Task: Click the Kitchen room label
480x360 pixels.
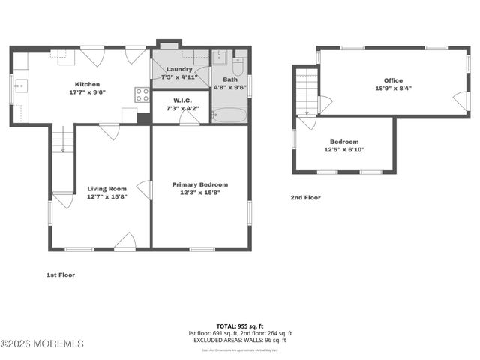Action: tap(88, 84)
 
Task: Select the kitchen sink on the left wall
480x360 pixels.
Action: tap(19, 86)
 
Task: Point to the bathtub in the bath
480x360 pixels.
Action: tap(229, 115)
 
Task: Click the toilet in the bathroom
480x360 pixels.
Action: tap(238, 65)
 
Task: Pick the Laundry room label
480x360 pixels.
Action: tap(179, 69)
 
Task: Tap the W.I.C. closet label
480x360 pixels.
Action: tap(181, 100)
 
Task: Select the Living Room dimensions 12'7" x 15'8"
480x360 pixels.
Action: tap(106, 196)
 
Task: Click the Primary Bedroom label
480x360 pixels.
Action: tap(200, 184)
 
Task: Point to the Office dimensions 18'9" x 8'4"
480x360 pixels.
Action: tap(393, 88)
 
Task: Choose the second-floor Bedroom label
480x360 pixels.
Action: tap(344, 142)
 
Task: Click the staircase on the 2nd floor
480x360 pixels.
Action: tap(306, 91)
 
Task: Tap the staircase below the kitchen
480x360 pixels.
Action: tap(62, 140)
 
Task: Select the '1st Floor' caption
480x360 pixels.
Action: tap(61, 274)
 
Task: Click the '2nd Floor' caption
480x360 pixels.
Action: tap(305, 198)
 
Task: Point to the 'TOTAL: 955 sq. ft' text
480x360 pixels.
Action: tap(239, 325)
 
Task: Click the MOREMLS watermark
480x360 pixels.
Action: tap(42, 343)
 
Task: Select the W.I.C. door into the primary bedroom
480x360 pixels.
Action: tap(189, 118)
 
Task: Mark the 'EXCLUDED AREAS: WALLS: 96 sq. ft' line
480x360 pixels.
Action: tap(239, 340)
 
